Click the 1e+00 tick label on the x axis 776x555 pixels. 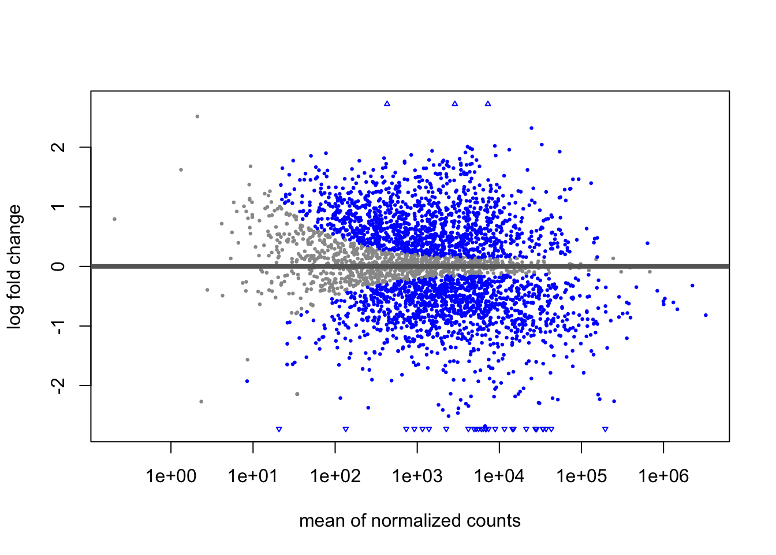[171, 476]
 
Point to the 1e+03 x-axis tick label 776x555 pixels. [417, 476]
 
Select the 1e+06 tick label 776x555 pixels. [663, 476]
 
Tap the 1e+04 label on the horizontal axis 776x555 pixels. [499, 476]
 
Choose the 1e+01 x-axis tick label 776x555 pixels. [253, 476]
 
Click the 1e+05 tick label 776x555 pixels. [581, 476]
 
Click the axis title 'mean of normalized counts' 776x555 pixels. [410, 521]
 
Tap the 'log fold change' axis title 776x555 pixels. [14, 267]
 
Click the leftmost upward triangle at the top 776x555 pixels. [387, 103]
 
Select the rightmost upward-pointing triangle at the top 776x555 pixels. [488, 103]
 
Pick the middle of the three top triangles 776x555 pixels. [455, 103]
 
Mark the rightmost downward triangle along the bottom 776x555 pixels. [605, 430]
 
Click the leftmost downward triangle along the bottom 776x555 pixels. [279, 430]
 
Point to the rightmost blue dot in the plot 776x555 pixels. [706, 315]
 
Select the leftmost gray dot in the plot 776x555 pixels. [114, 219]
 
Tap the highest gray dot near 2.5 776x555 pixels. [197, 116]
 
